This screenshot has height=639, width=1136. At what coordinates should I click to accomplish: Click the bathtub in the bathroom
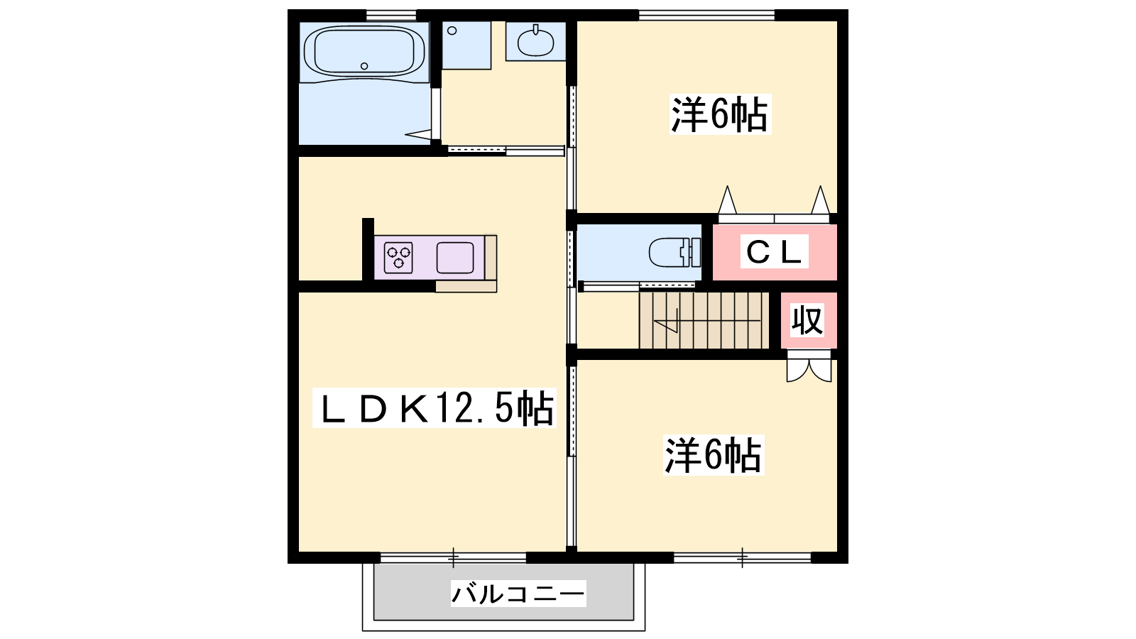364,52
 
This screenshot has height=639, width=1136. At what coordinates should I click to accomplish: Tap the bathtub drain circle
364,66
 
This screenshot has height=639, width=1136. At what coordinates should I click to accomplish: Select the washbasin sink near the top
535,41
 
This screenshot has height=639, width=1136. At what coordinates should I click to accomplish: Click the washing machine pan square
466,45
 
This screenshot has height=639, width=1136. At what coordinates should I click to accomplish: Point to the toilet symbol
675,252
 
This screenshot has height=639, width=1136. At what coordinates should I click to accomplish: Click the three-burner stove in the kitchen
398,258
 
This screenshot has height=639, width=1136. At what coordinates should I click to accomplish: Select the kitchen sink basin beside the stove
455,258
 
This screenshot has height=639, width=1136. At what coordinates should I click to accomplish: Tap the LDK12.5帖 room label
435,408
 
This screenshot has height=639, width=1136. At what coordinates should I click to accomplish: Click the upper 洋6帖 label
720,114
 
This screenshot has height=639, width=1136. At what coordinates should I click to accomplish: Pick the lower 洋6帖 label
714,455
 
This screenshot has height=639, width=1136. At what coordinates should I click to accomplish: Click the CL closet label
775,251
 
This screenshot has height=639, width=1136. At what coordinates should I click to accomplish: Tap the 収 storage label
807,320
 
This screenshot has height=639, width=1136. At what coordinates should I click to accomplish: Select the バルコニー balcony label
518,594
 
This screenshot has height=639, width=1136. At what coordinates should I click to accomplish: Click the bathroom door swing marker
418,134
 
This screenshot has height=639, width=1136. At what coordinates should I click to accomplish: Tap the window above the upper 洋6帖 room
706,15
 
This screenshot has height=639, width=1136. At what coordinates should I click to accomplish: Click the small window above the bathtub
391,15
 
